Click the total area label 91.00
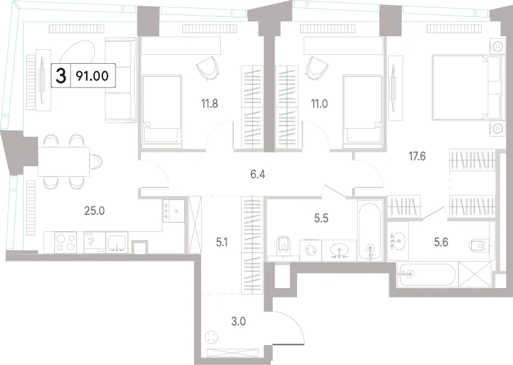[x=92, y=76]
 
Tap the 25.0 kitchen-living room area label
[x=95, y=211]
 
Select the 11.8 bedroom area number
[x=210, y=104]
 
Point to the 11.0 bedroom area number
[x=320, y=104]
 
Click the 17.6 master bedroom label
[x=417, y=156]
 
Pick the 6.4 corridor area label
[x=258, y=174]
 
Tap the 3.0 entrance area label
[x=238, y=321]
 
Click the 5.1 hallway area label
[x=222, y=242]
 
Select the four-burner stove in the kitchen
[x=66, y=242]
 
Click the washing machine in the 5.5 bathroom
[x=310, y=251]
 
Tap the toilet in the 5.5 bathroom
[x=283, y=246]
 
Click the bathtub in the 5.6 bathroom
[x=427, y=274]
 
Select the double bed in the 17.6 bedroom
[x=467, y=87]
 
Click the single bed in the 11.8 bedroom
[x=162, y=109]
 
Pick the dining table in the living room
[x=64, y=161]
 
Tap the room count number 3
[x=61, y=76]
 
